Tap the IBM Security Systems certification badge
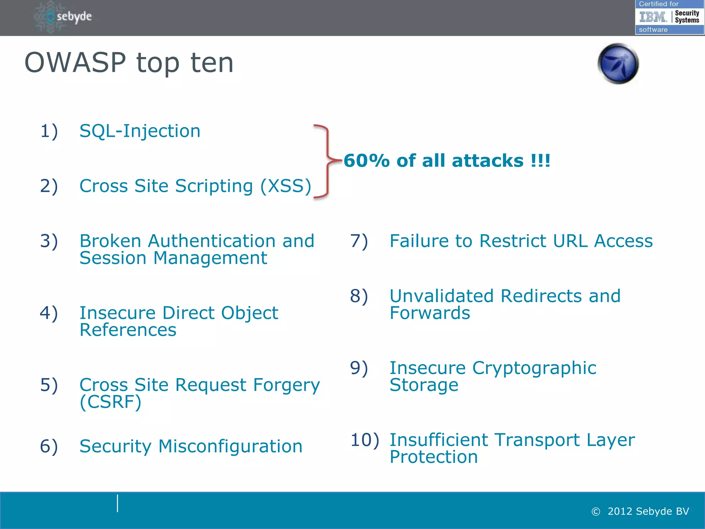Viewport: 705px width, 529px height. [669, 17]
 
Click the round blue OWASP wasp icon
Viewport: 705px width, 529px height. [618, 64]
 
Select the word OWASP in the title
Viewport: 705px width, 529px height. [75, 63]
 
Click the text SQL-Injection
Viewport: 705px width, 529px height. [140, 131]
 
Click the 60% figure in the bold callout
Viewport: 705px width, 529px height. [366, 161]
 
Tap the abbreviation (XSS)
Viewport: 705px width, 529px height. [285, 186]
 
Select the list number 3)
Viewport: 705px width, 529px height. [49, 241]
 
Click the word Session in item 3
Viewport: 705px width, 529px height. [113, 258]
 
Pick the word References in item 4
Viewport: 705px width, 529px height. [128, 330]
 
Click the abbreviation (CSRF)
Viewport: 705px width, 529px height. [110, 402]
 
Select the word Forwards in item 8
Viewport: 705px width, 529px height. [430, 313]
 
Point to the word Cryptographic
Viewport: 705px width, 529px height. [534, 368]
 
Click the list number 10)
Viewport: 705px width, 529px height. [365, 440]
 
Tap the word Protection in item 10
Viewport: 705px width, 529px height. [433, 457]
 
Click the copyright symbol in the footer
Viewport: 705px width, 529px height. [596, 512]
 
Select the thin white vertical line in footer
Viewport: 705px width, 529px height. [117, 503]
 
